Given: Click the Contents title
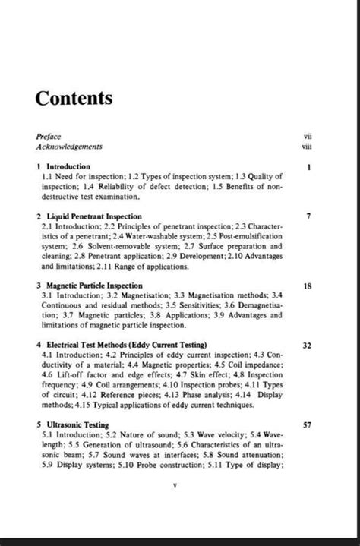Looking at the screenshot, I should [x=74, y=99].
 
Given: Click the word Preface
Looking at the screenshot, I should [x=49, y=135].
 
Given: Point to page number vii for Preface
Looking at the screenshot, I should [x=307, y=135].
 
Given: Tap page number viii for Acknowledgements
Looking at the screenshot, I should [x=307, y=145].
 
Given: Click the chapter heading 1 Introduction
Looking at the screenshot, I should [x=64, y=166].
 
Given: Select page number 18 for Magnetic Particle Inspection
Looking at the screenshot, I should [x=307, y=286].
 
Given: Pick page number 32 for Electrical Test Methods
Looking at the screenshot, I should [x=307, y=346].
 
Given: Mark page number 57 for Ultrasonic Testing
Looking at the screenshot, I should [x=307, y=426].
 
